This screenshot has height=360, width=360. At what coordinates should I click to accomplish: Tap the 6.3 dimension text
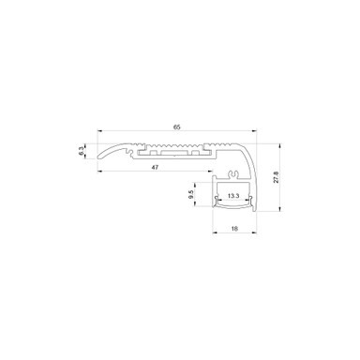82,151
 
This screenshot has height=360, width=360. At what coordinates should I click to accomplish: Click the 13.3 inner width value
232,196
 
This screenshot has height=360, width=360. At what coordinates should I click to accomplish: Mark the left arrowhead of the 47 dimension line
99,173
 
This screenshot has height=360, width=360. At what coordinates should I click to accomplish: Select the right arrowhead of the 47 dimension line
212,173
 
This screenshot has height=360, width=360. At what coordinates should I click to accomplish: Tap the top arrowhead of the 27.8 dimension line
273,143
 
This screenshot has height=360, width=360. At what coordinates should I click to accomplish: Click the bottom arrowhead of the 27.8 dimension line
273,215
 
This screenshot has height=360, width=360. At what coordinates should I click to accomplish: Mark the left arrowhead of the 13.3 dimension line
218,202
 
